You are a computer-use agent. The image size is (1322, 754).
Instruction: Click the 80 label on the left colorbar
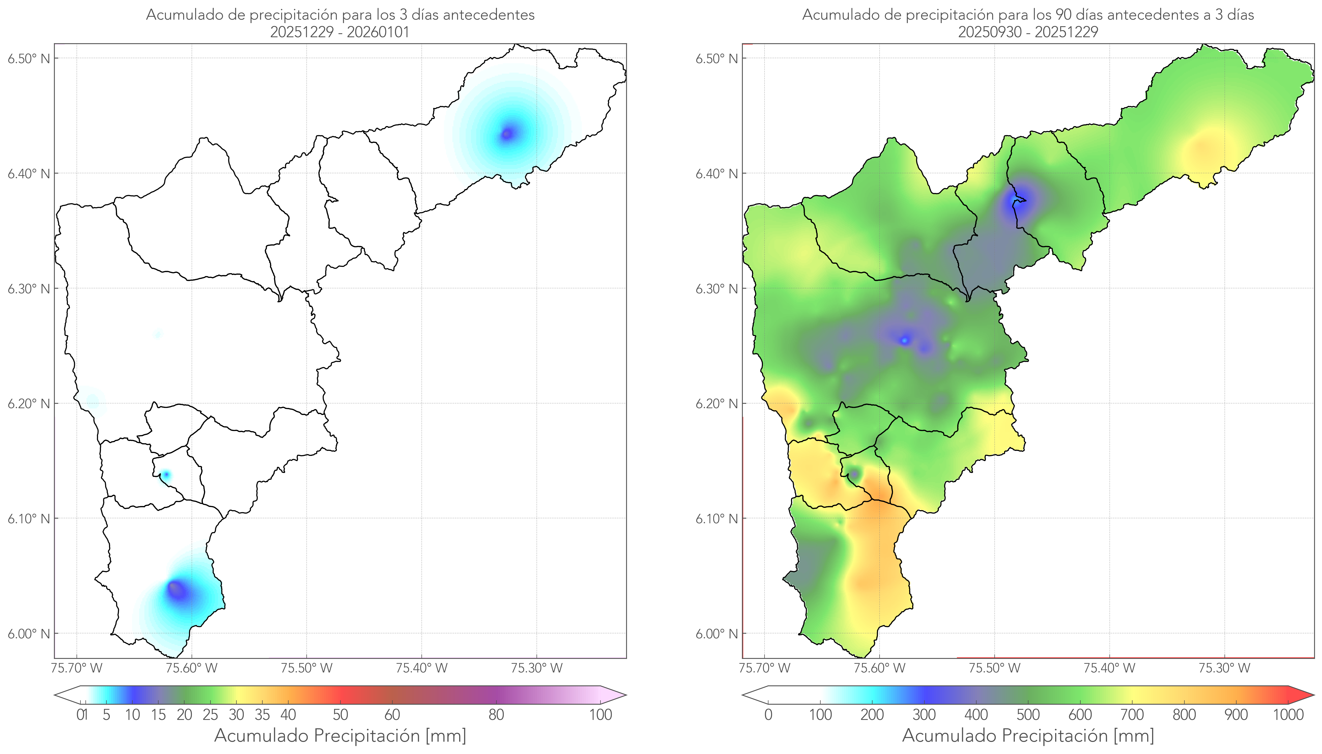click(x=496, y=715)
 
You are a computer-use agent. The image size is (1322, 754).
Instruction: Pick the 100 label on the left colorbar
click(x=600, y=715)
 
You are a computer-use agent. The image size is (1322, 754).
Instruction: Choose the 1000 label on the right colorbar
click(x=1288, y=715)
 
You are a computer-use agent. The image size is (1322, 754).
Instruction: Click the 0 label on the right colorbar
click(x=768, y=715)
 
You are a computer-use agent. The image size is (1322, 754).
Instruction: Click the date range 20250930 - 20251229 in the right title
click(x=1028, y=32)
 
